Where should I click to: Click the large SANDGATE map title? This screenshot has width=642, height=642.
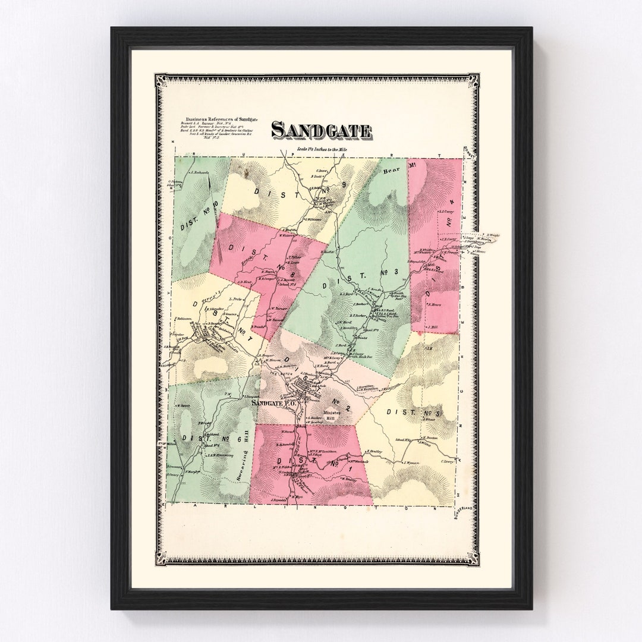point(321,130)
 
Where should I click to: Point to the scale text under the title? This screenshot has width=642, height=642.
point(321,149)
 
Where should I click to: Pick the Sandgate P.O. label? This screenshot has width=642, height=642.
point(274,402)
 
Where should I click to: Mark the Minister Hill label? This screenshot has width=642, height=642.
point(330,416)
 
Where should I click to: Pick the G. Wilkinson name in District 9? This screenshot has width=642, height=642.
point(313,219)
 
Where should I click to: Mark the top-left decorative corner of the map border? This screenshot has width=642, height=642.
point(160,80)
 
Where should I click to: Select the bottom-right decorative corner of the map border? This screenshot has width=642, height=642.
point(473,558)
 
